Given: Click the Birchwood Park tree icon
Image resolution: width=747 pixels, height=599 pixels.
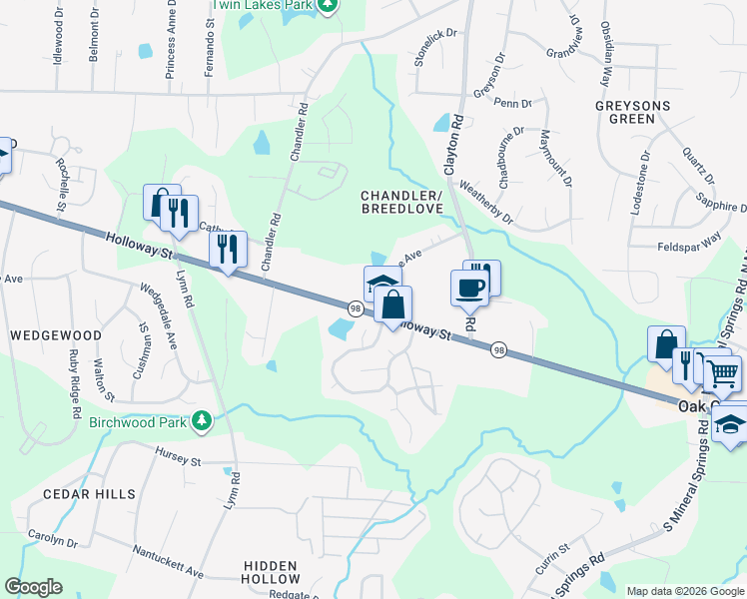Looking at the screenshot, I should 203,421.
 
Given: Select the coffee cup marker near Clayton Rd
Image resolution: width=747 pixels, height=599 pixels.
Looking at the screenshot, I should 469,289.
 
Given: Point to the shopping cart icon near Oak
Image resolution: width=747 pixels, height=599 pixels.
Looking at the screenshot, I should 723,374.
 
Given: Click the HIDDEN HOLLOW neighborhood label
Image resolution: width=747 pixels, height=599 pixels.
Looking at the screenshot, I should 271,572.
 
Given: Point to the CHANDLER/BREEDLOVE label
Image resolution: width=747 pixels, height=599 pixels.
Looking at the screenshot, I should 400,200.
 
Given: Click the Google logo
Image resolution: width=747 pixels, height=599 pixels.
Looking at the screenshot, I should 34,587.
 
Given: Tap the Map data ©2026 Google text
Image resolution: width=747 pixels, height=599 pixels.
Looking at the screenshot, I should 685,591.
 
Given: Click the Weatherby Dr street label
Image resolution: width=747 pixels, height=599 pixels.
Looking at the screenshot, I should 485,202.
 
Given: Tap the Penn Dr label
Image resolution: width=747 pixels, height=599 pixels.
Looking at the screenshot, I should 513,103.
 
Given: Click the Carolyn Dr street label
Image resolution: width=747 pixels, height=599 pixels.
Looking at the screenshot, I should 52,538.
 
